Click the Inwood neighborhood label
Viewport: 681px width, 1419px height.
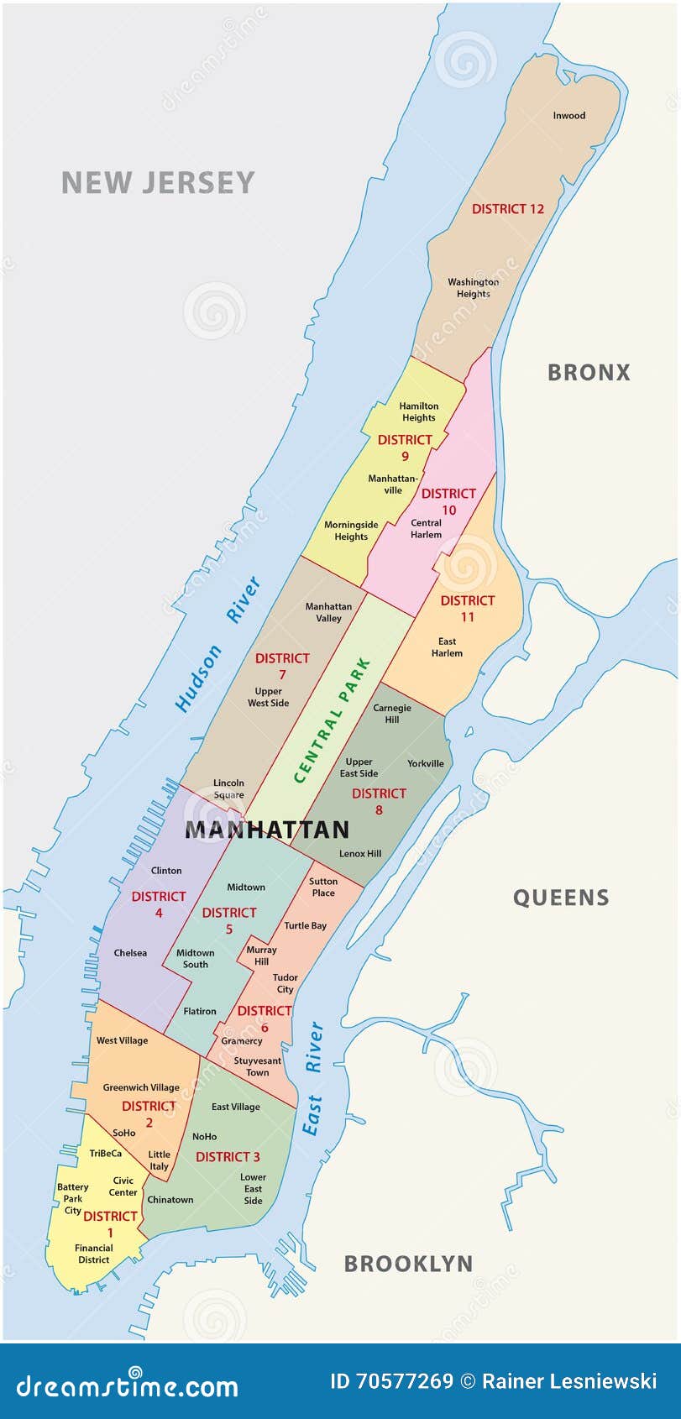click(x=568, y=116)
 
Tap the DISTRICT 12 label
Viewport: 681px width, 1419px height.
click(x=507, y=209)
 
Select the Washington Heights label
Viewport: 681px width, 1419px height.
click(x=473, y=288)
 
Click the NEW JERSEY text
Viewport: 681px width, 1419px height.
click(x=158, y=183)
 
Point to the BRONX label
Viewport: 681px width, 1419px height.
click(x=589, y=373)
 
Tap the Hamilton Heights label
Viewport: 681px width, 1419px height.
click(x=418, y=411)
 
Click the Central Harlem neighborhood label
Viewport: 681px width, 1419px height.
click(x=426, y=528)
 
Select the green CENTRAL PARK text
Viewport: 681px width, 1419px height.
click(x=333, y=720)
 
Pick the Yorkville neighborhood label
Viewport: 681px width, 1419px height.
click(x=426, y=763)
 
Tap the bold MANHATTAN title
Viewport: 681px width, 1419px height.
click(x=267, y=830)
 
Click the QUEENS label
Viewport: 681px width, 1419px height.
click(x=561, y=898)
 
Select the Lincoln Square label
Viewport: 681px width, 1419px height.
click(x=228, y=788)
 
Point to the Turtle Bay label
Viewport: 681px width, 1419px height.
click(x=305, y=925)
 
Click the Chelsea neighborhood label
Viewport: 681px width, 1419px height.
click(x=130, y=953)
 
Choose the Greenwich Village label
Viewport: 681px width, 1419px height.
click(x=141, y=1087)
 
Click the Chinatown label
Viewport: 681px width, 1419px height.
click(x=170, y=1199)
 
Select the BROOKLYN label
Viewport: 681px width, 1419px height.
click(x=408, y=1264)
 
